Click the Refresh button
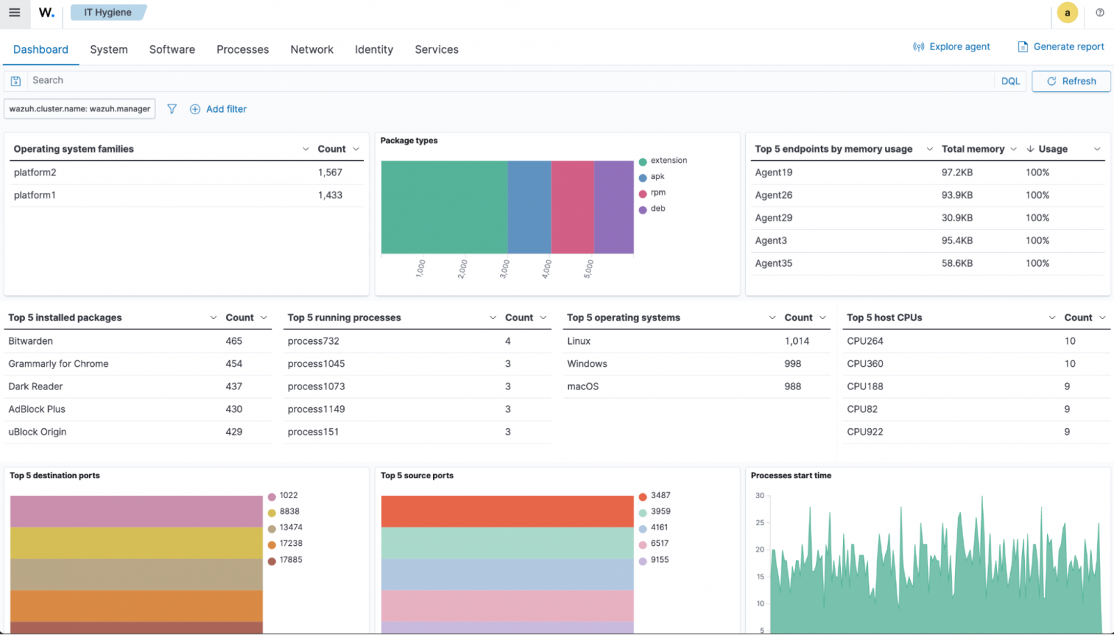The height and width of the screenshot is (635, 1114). (x=1071, y=81)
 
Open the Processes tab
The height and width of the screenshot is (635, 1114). (x=242, y=49)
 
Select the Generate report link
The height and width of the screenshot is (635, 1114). (x=1061, y=47)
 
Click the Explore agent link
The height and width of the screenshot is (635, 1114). (x=952, y=47)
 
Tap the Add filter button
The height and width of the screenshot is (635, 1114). (x=219, y=109)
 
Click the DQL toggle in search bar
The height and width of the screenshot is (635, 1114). (x=1010, y=81)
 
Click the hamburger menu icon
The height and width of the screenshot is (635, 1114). (x=15, y=13)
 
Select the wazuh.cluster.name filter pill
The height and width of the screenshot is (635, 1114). (x=79, y=109)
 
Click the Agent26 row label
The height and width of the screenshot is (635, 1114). (x=774, y=195)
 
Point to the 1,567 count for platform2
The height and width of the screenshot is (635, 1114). (x=330, y=173)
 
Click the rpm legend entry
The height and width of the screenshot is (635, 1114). (x=657, y=193)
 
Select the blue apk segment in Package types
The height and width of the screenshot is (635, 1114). (x=529, y=207)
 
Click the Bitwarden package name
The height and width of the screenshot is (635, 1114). (x=31, y=341)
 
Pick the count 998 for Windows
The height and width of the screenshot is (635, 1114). (x=792, y=364)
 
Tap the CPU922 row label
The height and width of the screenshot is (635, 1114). (x=865, y=432)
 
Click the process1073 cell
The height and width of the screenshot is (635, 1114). (x=316, y=386)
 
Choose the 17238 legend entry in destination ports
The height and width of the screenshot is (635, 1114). (x=290, y=544)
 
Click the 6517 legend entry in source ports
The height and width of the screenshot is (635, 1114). (x=659, y=544)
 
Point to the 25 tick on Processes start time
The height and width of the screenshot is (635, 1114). (x=760, y=523)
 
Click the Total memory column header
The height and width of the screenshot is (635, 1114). (x=973, y=149)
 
